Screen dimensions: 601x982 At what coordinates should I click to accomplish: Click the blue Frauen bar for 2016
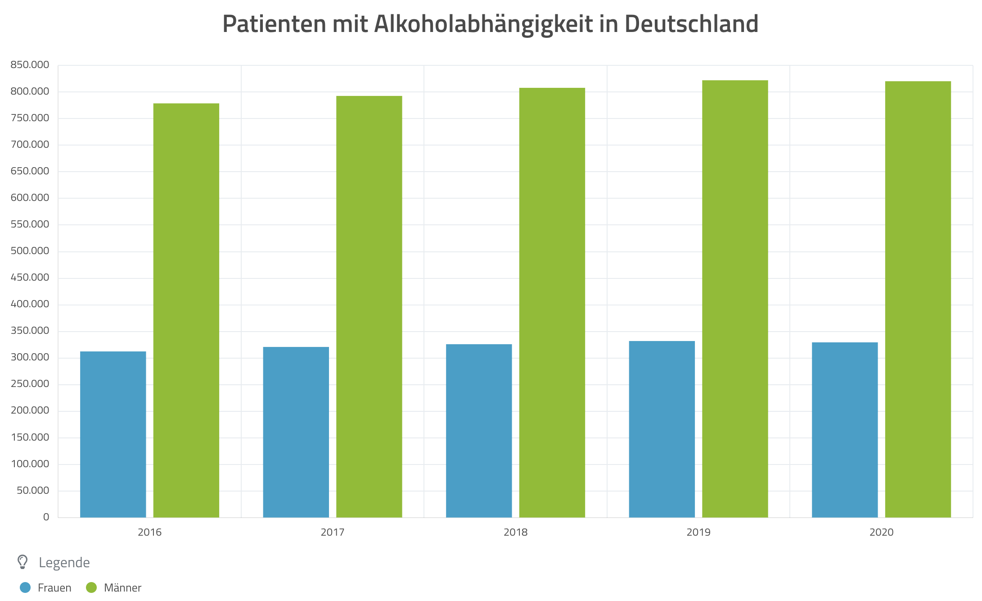[113, 434]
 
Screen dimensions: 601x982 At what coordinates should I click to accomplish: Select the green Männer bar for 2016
[186, 310]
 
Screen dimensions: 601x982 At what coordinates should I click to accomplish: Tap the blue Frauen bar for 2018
[479, 431]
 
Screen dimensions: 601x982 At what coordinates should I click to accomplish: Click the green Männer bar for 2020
[918, 299]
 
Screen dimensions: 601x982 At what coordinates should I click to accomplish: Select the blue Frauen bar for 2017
[296, 432]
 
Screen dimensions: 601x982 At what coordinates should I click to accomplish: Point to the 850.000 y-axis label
[30, 65]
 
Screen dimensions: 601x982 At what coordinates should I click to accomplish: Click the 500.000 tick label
[30, 251]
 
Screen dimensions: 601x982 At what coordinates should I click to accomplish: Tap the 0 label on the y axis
[46, 517]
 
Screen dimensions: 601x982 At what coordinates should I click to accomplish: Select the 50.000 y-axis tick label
[33, 491]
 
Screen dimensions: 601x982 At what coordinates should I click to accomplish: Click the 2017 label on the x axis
[333, 533]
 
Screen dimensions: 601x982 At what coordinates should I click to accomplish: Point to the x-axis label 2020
[881, 533]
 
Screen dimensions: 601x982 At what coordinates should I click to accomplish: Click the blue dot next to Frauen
[25, 587]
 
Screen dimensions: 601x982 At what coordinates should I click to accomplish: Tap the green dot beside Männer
[91, 587]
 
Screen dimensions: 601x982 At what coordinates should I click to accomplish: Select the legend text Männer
[122, 588]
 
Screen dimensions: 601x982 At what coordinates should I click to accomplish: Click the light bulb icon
[23, 562]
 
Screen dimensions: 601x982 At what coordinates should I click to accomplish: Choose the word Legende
[64, 563]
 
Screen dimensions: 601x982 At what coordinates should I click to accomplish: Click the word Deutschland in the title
[691, 24]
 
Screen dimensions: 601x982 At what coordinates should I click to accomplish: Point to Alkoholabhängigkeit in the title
[483, 25]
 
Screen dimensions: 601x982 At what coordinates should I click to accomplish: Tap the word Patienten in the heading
[274, 24]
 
